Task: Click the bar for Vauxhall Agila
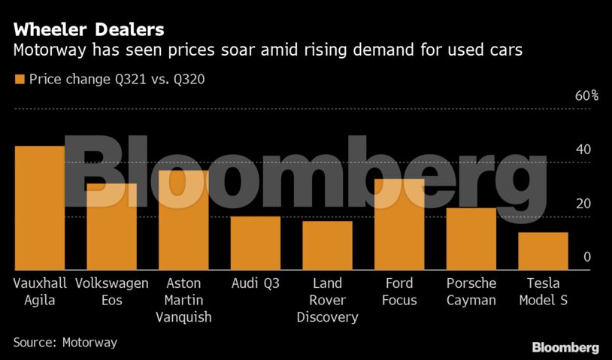[x=39, y=208]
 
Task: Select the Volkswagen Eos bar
[x=111, y=227]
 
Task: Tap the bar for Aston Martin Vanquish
[x=183, y=220]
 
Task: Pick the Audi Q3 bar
[x=256, y=244]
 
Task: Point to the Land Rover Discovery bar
[x=328, y=246]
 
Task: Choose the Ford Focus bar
[x=399, y=225]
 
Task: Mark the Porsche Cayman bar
[x=471, y=239]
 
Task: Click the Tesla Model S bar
[x=543, y=251]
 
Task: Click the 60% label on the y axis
[x=586, y=95]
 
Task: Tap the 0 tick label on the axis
[x=587, y=257]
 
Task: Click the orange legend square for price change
[x=19, y=78]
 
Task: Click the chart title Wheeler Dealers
[x=89, y=31]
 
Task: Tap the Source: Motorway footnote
[x=65, y=342]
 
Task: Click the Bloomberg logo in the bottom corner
[x=565, y=347]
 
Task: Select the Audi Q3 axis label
[x=256, y=283]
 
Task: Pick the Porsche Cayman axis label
[x=471, y=292]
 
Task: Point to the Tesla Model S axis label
[x=543, y=292]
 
